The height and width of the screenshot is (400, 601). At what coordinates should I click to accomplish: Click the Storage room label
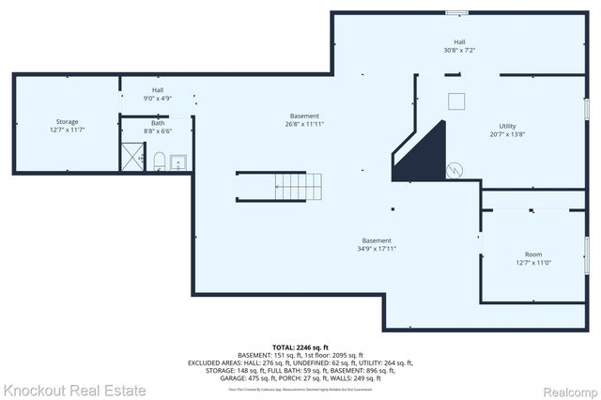coord(67,121)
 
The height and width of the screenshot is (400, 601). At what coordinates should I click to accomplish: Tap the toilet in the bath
coord(160,161)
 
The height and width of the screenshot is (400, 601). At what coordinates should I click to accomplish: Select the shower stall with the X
coord(132,156)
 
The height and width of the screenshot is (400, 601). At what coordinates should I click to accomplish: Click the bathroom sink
coord(181,162)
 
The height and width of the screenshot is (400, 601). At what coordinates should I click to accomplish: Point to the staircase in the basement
coord(279,187)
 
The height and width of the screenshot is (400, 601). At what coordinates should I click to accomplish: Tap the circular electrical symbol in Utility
coord(455,170)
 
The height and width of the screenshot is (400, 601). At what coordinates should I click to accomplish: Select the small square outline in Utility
coord(456,101)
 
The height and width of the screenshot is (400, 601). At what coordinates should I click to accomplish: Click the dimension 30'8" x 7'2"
coord(460,50)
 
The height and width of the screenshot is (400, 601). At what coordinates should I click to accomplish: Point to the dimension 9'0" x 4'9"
coord(158,99)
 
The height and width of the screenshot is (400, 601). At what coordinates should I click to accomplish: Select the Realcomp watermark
coord(564,390)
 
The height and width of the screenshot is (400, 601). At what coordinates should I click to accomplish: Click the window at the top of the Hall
coord(457,12)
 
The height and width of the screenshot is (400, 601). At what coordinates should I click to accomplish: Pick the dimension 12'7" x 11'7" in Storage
coord(67,130)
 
